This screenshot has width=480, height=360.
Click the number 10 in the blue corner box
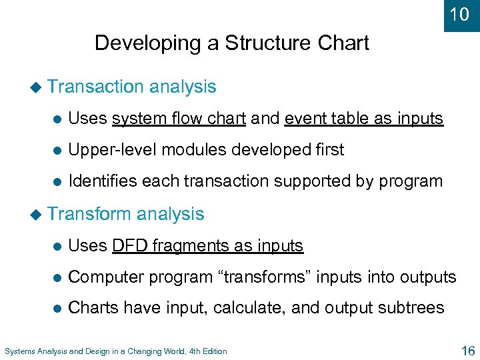point(460,14)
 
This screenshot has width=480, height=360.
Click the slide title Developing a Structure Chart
point(231,43)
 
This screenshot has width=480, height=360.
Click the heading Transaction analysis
point(132,87)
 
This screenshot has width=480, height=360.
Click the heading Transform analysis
point(126,214)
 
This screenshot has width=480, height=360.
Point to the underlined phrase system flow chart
point(179,119)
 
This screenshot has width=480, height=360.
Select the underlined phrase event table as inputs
point(363,119)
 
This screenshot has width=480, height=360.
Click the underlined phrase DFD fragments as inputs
point(207,246)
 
